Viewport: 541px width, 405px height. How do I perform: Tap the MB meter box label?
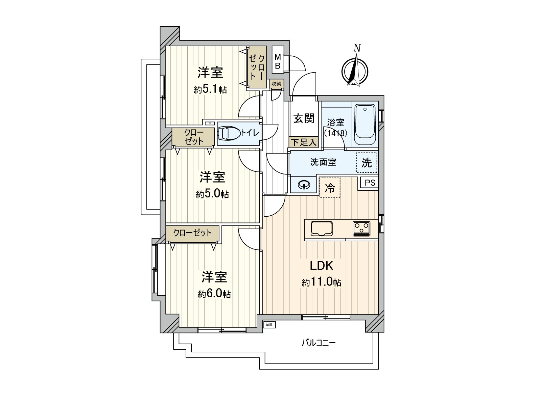pos(278,62)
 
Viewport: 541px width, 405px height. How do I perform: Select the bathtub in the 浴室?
pos(365,125)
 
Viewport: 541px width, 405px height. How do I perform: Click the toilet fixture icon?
pos(229,133)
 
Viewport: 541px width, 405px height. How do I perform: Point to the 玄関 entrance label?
pos(303,118)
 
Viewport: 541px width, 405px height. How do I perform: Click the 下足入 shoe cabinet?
pos(303,142)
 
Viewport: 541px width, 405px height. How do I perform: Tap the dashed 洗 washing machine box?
pos(367,163)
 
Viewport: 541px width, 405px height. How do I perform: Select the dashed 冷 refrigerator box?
pos(330,188)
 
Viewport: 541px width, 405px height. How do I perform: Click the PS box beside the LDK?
pos(370,183)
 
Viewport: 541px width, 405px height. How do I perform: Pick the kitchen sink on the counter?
pos(322,229)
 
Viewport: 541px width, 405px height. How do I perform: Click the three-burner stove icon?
pos(361,228)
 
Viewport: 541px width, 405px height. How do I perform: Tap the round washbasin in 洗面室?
pos(304,185)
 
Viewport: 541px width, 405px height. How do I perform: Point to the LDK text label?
pos(322,266)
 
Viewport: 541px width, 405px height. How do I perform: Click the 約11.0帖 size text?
pos(321,282)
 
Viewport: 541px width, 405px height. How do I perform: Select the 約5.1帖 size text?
pos(210,89)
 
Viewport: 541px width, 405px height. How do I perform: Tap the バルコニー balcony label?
pos(319,343)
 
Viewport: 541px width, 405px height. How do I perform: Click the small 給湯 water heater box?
pos(269,325)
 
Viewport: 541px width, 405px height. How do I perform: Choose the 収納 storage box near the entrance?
pos(276,84)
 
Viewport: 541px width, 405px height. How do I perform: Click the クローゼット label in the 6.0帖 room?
pos(192,233)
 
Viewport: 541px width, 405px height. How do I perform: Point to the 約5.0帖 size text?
pos(212,194)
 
